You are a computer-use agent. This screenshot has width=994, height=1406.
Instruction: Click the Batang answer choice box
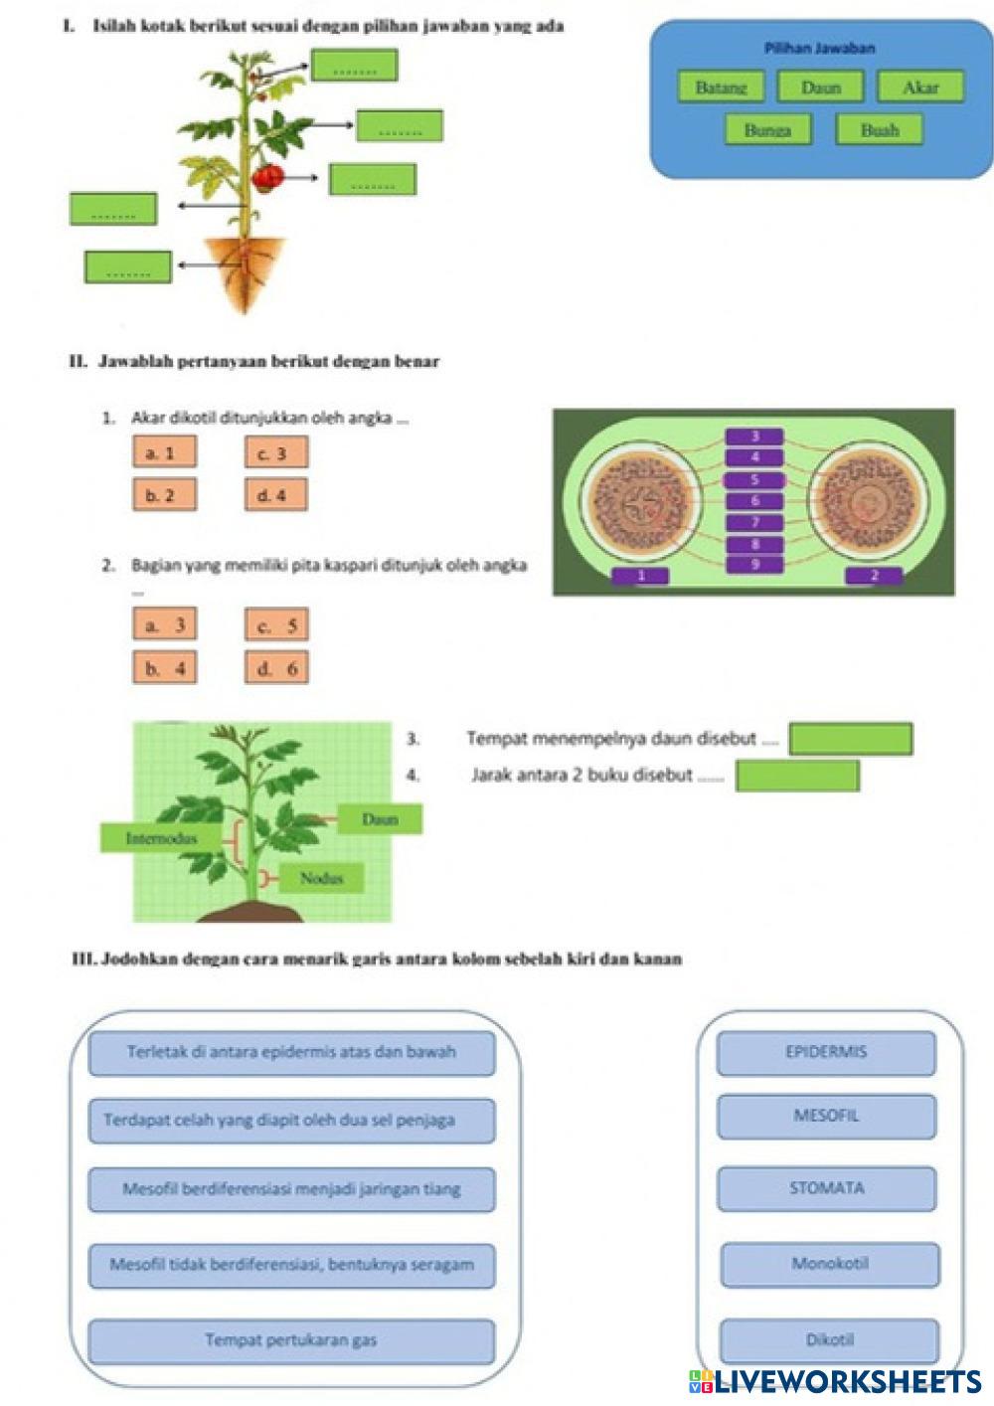click(721, 87)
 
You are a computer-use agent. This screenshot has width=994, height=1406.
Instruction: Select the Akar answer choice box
click(920, 87)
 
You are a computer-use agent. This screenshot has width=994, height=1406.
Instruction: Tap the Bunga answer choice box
click(768, 129)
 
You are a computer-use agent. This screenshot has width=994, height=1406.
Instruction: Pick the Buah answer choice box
click(879, 129)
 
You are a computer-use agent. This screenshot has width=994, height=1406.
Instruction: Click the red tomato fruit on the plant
click(268, 178)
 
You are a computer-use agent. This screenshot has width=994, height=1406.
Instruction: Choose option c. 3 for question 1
click(276, 451)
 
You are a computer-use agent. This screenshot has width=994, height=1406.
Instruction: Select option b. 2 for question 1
click(164, 494)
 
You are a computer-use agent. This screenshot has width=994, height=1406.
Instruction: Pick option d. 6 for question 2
click(276, 667)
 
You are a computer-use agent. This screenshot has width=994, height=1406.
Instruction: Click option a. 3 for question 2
click(164, 623)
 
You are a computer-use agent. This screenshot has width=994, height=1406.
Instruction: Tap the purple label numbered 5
click(754, 480)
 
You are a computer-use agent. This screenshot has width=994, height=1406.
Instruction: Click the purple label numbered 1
click(641, 576)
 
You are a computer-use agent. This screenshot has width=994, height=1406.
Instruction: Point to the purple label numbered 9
click(754, 564)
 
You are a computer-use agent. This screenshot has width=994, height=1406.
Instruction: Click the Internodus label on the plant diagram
click(161, 838)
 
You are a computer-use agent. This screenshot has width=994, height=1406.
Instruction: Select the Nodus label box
click(321, 877)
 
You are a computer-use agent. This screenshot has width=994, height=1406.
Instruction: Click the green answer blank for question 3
click(851, 739)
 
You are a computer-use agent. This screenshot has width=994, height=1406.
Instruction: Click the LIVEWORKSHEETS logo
click(836, 1381)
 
